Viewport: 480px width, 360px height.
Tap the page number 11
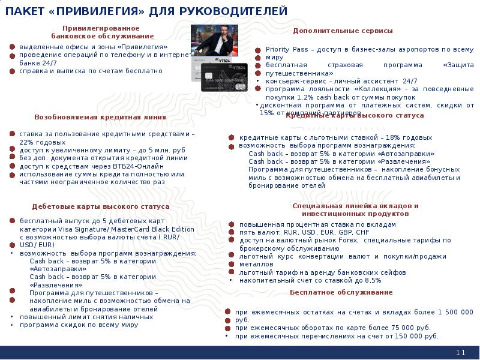(x=461, y=352)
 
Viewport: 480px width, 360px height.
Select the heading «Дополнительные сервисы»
(x=343, y=31)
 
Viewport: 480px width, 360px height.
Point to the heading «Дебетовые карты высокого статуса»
(x=101, y=206)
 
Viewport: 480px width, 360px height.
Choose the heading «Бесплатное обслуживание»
(x=341, y=292)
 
